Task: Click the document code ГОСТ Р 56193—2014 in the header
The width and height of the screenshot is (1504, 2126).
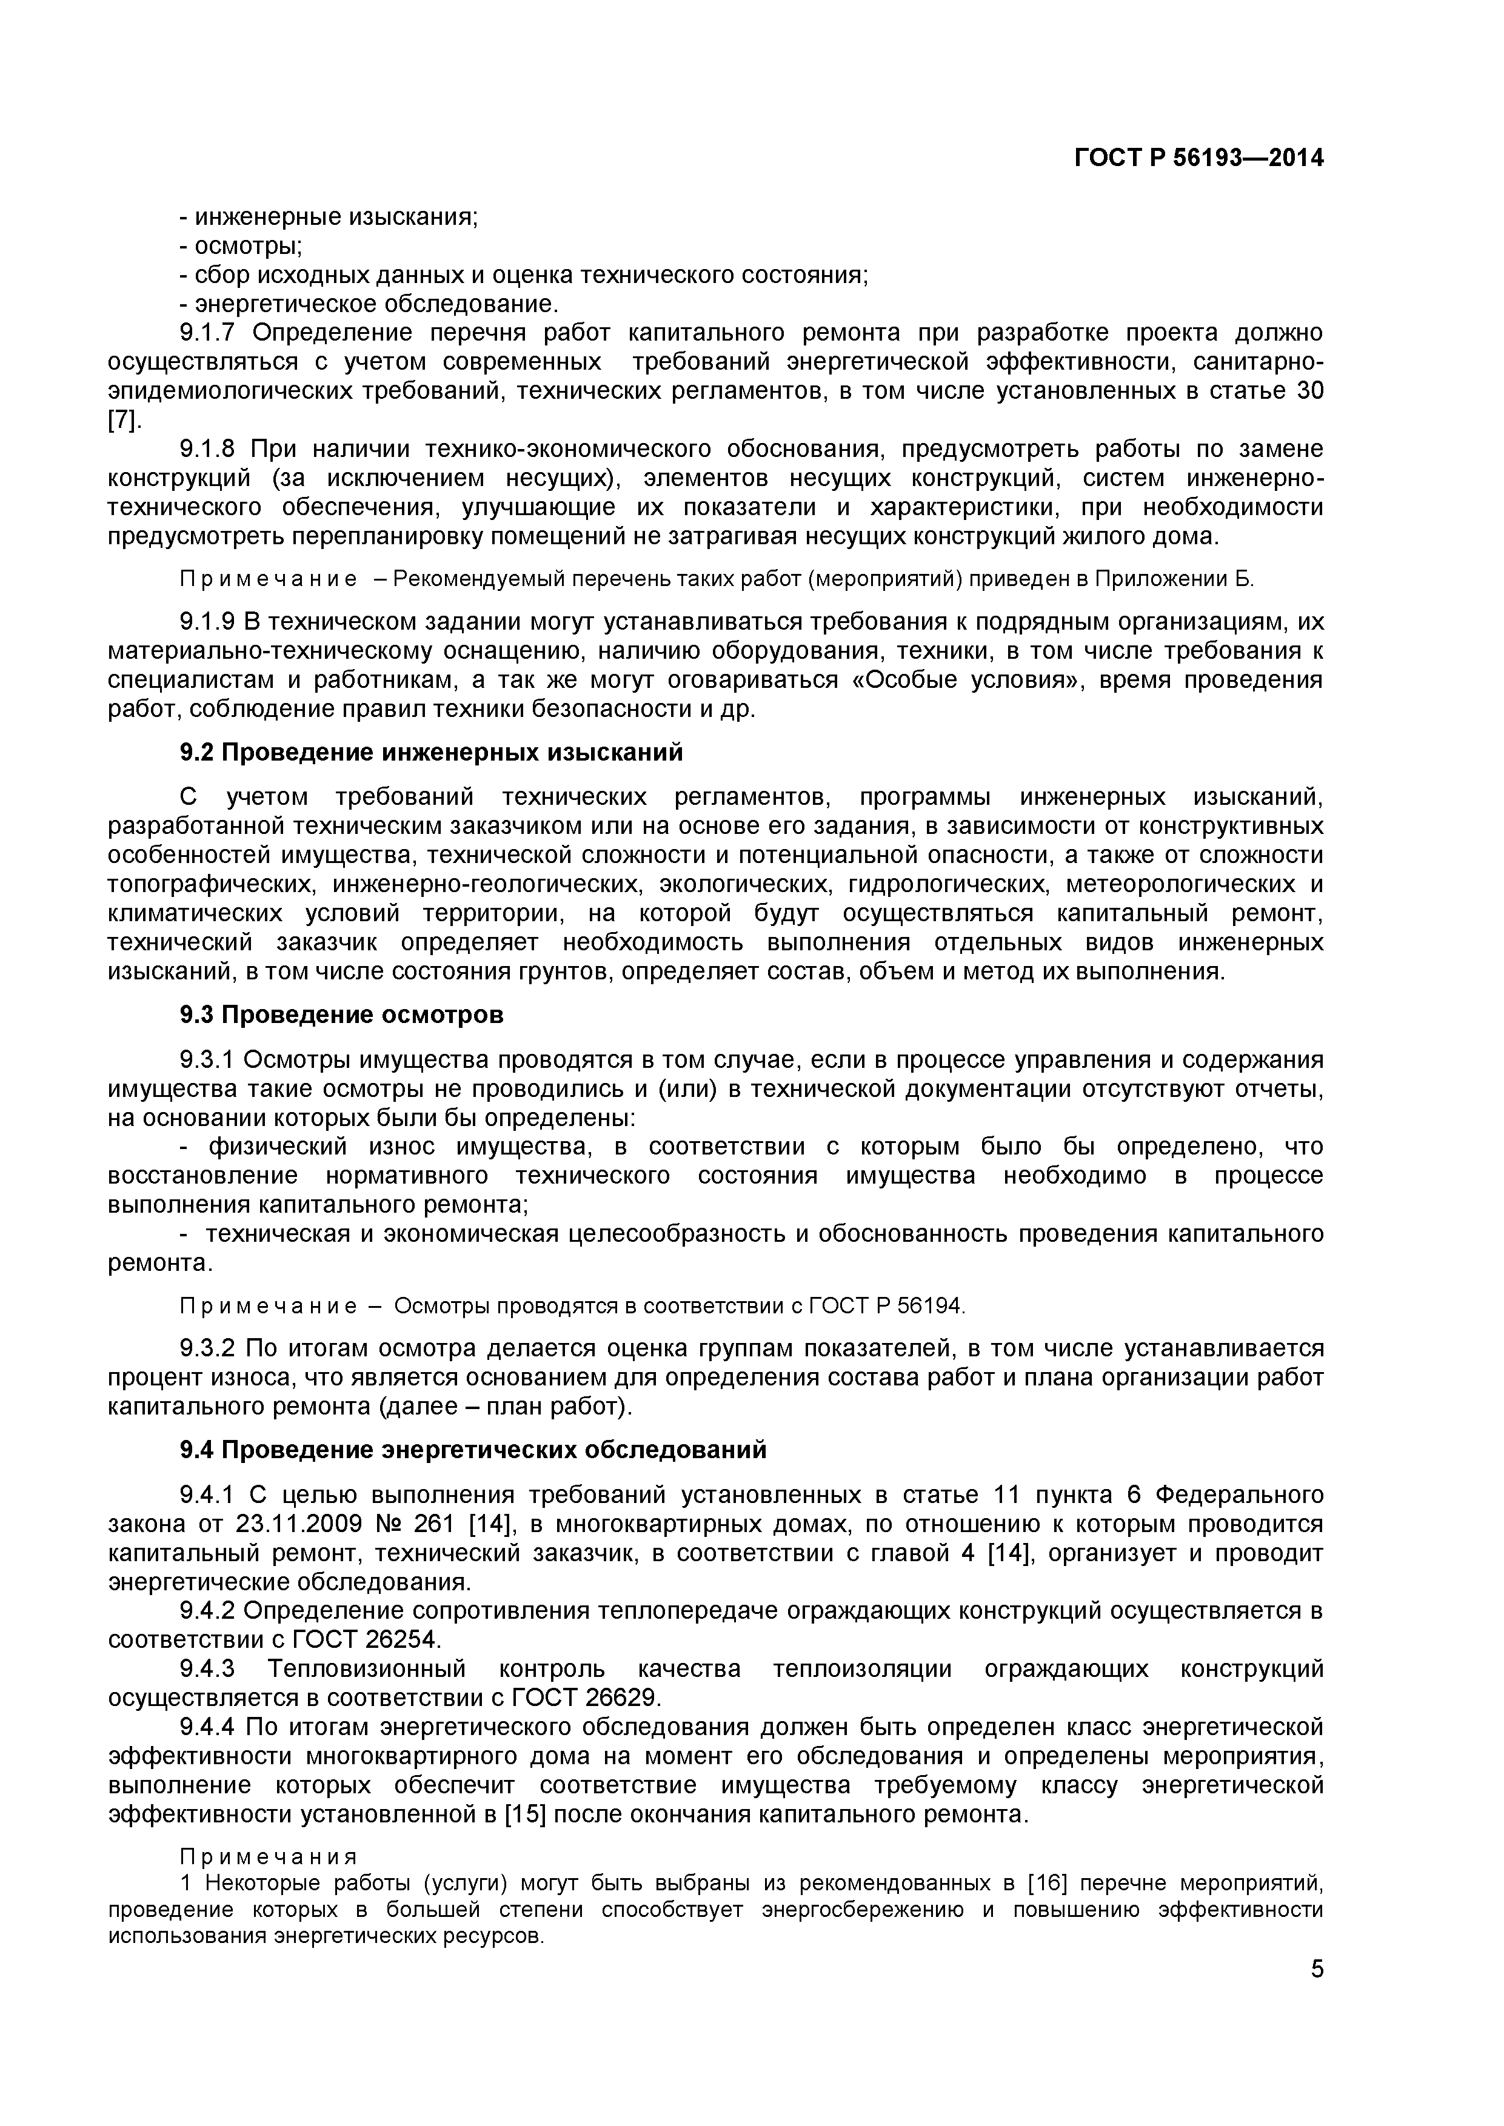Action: [x=1198, y=158]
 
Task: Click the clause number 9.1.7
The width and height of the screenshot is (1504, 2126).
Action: [x=210, y=333]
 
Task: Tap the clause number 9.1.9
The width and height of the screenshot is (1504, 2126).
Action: [x=210, y=621]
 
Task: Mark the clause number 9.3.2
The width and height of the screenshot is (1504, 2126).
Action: [x=210, y=1348]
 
